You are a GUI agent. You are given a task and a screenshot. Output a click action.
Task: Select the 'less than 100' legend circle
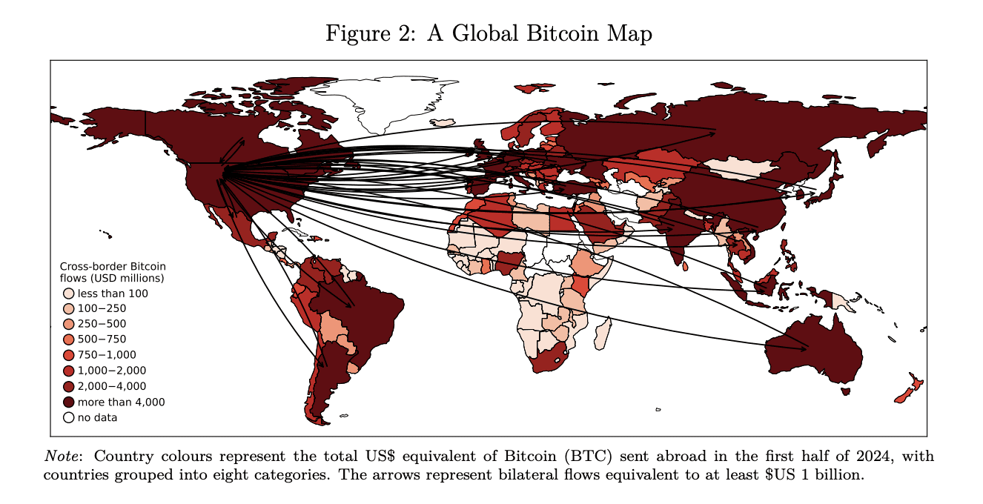[x=68, y=294]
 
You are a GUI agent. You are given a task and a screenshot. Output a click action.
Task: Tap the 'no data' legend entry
[x=68, y=417]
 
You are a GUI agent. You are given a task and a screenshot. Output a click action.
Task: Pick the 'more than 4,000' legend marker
[x=68, y=402]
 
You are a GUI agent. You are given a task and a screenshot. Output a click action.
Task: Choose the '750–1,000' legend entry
[x=68, y=355]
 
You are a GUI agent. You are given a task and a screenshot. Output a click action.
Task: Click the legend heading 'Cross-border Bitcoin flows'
[x=112, y=272]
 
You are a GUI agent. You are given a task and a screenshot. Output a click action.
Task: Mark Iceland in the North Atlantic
[x=443, y=122]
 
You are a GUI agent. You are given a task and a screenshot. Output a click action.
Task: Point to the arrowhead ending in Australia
[x=804, y=348]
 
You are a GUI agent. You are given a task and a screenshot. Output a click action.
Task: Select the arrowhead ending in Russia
[x=712, y=133]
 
